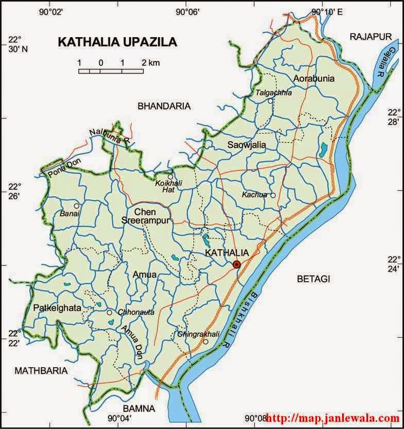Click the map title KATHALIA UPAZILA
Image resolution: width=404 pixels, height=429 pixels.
click(x=117, y=42)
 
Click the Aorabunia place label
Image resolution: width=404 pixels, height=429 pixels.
click(x=314, y=79)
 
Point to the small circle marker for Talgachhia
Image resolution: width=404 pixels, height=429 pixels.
click(x=270, y=101)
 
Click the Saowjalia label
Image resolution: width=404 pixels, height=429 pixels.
click(x=247, y=145)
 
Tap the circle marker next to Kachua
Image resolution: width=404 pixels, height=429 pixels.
click(x=273, y=195)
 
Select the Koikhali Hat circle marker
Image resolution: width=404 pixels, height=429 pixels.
click(x=170, y=177)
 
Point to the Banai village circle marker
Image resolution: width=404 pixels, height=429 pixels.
click(x=77, y=205)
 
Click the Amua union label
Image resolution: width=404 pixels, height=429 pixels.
click(x=144, y=274)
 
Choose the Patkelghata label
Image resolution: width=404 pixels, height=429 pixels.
click(x=57, y=308)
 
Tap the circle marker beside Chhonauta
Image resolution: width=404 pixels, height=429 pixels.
click(x=109, y=313)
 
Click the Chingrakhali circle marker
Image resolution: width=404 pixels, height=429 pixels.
click(x=205, y=341)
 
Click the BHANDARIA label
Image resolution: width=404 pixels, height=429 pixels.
click(x=164, y=106)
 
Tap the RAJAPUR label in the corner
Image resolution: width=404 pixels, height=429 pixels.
click(x=371, y=36)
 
